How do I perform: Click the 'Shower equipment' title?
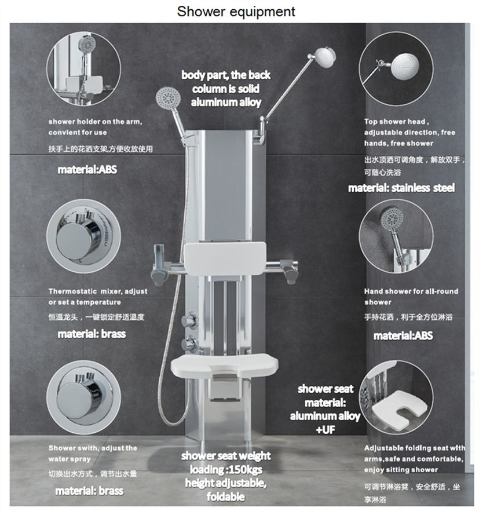tap(236, 12)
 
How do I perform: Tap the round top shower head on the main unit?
tap(324, 58)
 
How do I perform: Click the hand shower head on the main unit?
tap(168, 97)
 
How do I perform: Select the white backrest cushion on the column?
tap(225, 259)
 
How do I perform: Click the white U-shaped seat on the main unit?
tap(224, 366)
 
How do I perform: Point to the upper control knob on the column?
tap(189, 320)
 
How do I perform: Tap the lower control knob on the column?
tap(189, 344)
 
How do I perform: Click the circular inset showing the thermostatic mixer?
tap(83, 236)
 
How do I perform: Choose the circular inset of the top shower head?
tap(396, 68)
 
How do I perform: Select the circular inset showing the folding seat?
tap(396, 397)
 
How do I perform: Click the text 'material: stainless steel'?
tap(401, 188)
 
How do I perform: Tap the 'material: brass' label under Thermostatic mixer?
tap(92, 334)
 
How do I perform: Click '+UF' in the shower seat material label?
tap(325, 430)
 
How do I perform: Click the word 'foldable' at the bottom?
tap(226, 497)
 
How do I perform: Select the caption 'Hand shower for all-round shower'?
tap(411, 297)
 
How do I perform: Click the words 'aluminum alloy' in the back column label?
tap(226, 102)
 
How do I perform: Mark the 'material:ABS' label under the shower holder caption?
tap(87, 170)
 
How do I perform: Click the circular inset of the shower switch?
tap(83, 397)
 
